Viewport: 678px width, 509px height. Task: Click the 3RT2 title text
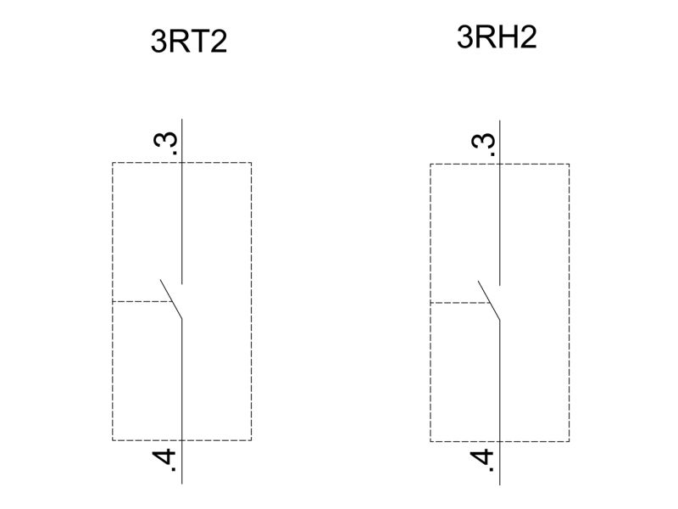[x=189, y=42]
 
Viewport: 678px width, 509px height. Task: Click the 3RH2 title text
[x=497, y=36]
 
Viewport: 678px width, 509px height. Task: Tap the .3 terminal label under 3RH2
[x=483, y=144]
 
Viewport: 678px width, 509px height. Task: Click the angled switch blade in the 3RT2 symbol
[x=171, y=299]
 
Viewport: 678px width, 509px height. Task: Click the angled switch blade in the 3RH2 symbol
[x=489, y=301]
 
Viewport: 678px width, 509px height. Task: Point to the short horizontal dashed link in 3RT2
[x=142, y=301]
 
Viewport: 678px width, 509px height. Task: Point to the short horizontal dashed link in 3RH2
[x=459, y=303]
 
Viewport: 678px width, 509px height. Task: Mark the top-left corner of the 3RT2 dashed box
[x=113, y=163]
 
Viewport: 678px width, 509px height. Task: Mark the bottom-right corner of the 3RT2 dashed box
[x=251, y=440]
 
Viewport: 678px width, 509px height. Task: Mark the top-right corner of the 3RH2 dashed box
[x=569, y=164]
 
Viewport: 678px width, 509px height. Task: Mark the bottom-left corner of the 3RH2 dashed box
[x=431, y=442]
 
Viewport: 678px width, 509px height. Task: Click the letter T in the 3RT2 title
[x=199, y=42]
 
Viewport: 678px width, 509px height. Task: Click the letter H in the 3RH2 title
[x=506, y=36]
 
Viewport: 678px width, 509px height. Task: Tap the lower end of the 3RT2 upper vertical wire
[x=181, y=284]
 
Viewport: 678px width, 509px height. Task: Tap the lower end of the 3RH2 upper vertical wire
[x=500, y=286]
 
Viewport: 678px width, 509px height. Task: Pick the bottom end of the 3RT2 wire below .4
[x=181, y=484]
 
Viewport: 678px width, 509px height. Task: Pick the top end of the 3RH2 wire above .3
[x=500, y=120]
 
